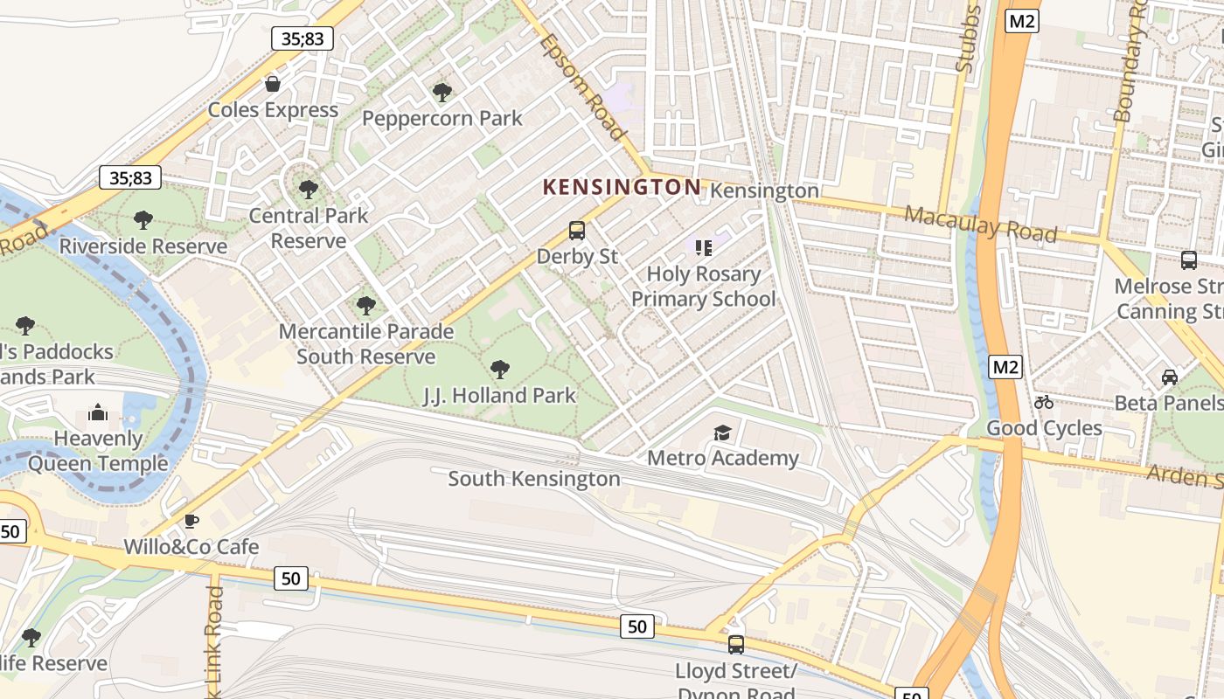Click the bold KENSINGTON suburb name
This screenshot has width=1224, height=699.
click(622, 187)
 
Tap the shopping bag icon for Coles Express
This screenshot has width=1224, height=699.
click(273, 84)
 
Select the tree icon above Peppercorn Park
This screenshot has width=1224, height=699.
click(442, 92)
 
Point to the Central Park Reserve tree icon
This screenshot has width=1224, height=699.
click(308, 189)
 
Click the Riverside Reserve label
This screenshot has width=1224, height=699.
click(143, 246)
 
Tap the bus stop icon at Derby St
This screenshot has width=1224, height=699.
click(577, 231)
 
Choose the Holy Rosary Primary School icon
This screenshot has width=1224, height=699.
click(704, 247)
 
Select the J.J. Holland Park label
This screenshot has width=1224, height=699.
click(499, 396)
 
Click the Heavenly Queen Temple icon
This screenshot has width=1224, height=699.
click(98, 412)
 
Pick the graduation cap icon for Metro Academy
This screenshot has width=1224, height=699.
click(722, 433)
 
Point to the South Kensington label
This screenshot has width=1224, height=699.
click(534, 479)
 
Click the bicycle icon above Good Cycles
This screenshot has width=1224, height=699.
click(1044, 402)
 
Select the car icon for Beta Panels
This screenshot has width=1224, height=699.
click(1170, 377)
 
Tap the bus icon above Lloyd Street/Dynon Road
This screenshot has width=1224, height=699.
click(736, 645)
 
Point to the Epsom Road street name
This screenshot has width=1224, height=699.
click(583, 87)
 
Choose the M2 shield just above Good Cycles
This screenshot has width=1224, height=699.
click(1006, 367)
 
